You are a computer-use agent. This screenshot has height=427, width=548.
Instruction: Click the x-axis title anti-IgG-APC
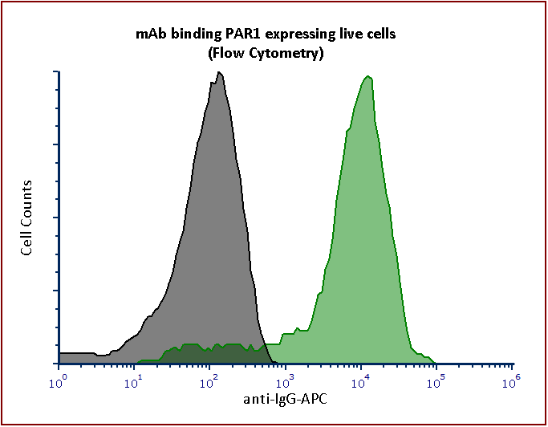click(x=286, y=399)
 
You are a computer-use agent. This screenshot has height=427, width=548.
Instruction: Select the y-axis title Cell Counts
click(x=27, y=218)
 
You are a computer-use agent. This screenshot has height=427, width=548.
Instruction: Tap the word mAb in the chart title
click(x=148, y=34)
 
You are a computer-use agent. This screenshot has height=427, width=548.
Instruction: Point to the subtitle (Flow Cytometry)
click(x=266, y=54)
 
